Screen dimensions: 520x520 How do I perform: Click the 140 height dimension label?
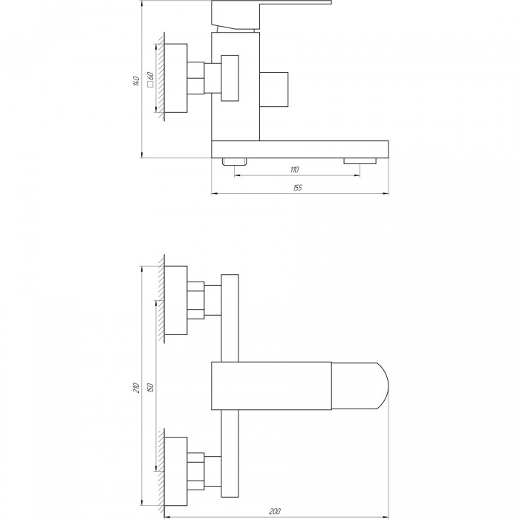click(x=136, y=81)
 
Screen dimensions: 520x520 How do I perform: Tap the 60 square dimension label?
click(x=150, y=76)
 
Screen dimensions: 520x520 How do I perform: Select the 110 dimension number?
click(x=294, y=170)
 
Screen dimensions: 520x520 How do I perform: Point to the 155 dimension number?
click(x=297, y=188)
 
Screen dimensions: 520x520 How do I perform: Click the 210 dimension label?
click(x=136, y=388)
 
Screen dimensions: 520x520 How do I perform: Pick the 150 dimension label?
click(x=150, y=388)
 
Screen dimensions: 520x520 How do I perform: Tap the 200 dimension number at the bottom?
click(x=275, y=511)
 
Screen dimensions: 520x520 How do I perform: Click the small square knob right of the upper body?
click(x=273, y=90)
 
